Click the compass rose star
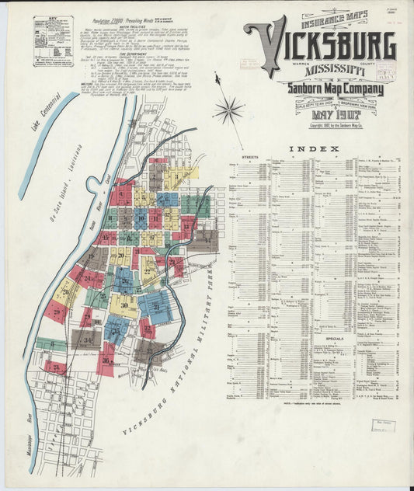(228, 110)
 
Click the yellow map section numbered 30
(124, 305)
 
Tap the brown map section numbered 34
(85, 340)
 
